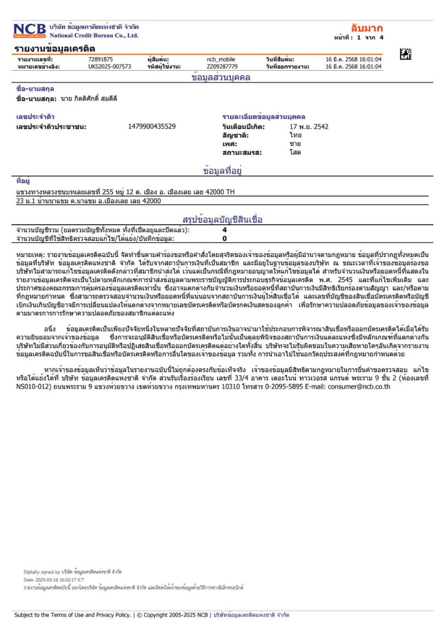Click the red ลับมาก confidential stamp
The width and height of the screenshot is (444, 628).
click(x=367, y=28)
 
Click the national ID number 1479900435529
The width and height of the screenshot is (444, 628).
click(x=151, y=127)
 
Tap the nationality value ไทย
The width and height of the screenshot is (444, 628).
click(x=295, y=135)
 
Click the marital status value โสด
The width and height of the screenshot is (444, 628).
click(x=295, y=152)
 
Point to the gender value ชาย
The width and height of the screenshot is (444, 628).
click(x=295, y=144)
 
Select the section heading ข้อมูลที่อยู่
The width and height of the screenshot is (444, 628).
click(x=224, y=171)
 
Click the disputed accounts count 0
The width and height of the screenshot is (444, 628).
click(x=224, y=238)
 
